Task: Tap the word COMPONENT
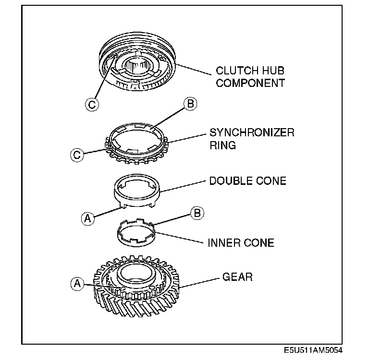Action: click(x=250, y=83)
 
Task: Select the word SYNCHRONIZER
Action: click(x=251, y=132)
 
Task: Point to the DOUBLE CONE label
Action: click(x=247, y=181)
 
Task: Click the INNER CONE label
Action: click(x=241, y=242)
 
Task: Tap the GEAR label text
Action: click(x=237, y=277)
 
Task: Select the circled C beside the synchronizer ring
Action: click(x=76, y=155)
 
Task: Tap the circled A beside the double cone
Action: click(x=86, y=218)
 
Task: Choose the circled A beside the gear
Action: click(x=76, y=283)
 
